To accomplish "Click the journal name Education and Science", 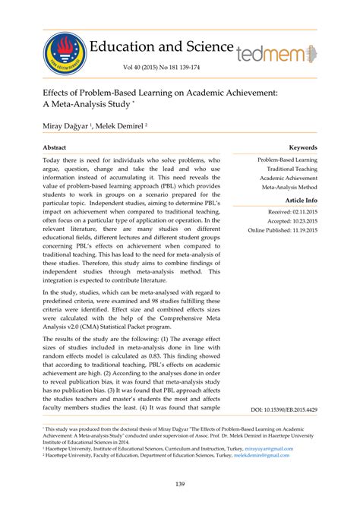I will point(162,47).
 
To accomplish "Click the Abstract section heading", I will point(54,147).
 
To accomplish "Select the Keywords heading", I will point(302,147).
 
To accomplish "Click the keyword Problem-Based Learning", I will point(287,160).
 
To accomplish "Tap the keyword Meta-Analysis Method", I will point(289,186).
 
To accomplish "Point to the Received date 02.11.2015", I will point(292,213).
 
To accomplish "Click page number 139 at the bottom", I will point(180,484).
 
